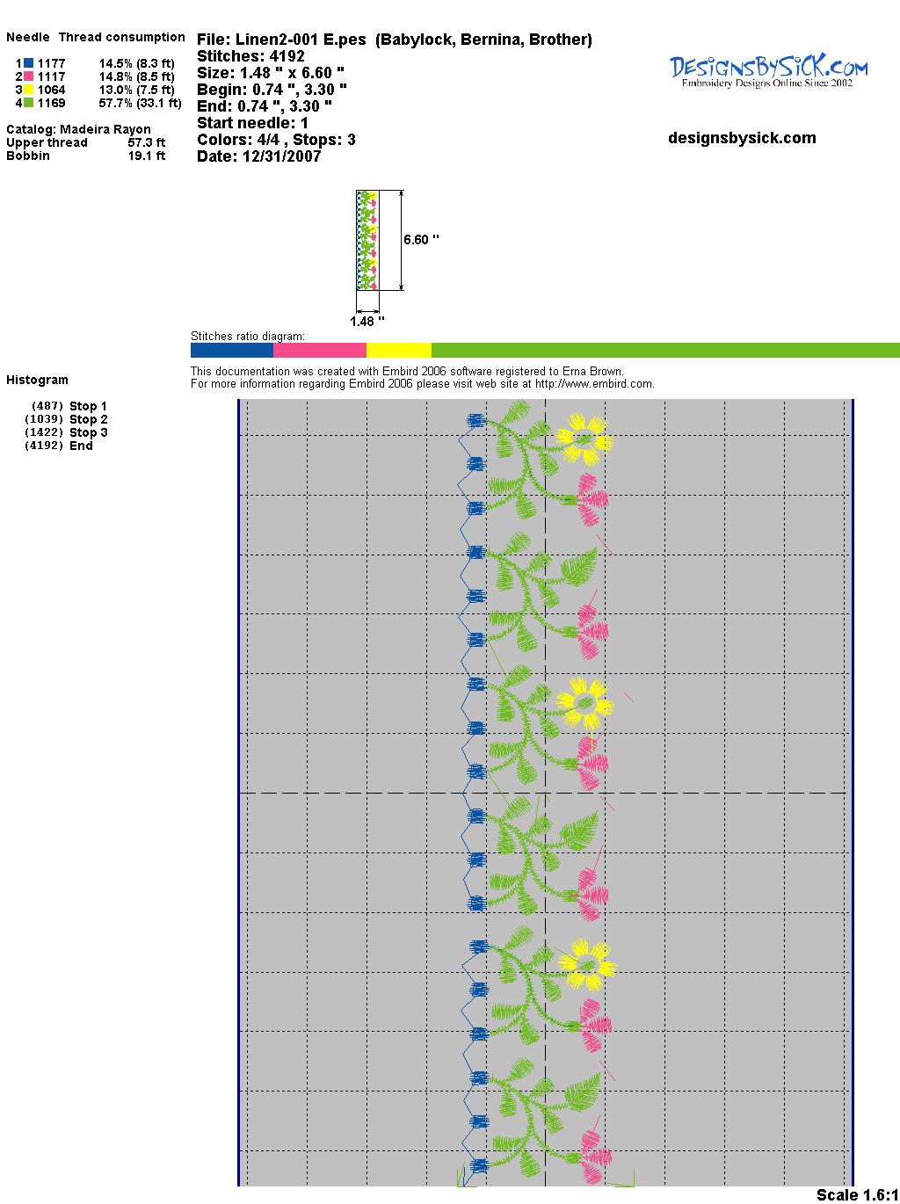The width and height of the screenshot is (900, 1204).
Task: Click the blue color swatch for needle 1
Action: coord(28,63)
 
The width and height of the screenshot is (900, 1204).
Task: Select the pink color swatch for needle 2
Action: coord(28,76)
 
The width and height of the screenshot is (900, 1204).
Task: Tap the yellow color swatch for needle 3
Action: coord(28,90)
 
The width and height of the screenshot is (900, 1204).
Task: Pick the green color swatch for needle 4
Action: coord(28,103)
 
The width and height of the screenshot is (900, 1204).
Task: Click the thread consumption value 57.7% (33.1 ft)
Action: coord(140,103)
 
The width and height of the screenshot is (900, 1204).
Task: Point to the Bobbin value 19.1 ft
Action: coord(146,156)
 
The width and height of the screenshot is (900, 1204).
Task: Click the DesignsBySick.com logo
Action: coord(768,70)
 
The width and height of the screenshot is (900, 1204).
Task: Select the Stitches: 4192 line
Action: coord(250,56)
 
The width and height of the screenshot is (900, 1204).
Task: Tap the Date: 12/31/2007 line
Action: coord(258,156)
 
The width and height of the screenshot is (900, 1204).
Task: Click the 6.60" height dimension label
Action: coord(421,239)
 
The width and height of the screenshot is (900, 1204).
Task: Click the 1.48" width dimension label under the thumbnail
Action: coord(367,322)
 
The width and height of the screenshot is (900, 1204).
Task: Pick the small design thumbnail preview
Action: coord(367,240)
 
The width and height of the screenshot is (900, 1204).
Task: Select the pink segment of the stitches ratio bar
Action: coord(320,350)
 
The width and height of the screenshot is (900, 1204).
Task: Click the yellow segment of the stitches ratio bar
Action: coord(398,350)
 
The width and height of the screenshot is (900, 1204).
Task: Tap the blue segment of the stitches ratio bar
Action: coord(232,350)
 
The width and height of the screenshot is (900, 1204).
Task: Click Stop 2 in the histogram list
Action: coord(88,419)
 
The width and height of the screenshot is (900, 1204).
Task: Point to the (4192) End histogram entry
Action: coord(80,446)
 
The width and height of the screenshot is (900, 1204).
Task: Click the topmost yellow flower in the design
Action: coord(584,438)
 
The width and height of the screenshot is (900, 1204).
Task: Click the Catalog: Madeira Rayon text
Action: coord(78,129)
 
